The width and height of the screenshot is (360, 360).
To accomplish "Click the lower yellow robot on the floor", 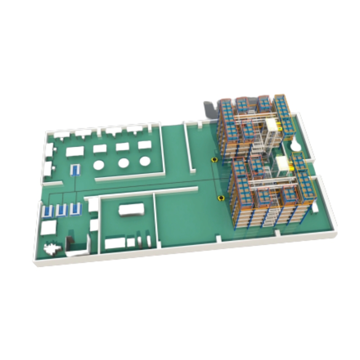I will tap(220, 198).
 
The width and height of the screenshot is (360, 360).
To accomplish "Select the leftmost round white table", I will tap(98, 165).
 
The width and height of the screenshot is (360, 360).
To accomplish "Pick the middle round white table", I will tap(123, 163).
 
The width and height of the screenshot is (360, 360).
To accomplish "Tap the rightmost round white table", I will tap(144, 161).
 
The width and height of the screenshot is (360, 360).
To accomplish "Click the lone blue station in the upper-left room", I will tap(75, 170).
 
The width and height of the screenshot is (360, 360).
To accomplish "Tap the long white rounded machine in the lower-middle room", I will tap(131, 209).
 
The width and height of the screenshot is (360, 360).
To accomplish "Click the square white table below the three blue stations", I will tap(48, 227).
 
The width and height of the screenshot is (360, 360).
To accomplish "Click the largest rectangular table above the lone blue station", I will tap(75, 151).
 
